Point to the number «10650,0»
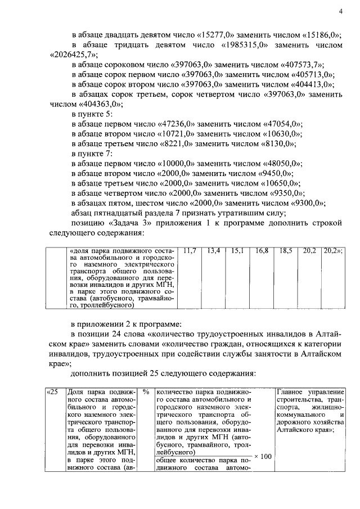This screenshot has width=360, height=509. tap(280, 183)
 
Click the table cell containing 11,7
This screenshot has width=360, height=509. tap(190, 250)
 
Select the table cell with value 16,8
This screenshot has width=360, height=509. tap(262, 250)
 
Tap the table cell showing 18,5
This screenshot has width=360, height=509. tap(286, 250)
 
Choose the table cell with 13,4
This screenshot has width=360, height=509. tap(214, 250)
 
